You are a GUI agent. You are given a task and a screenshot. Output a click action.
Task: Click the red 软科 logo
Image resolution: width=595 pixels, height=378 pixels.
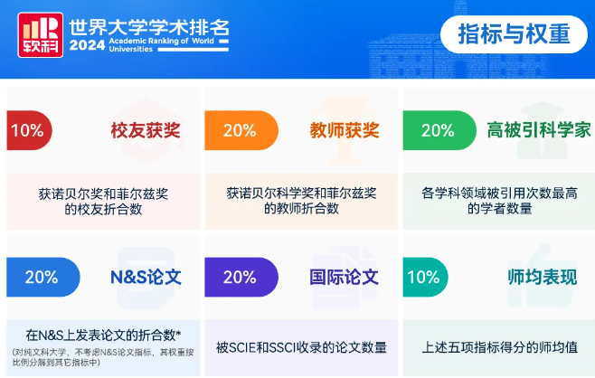(40, 35)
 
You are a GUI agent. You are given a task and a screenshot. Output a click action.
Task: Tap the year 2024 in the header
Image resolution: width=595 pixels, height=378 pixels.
(87, 45)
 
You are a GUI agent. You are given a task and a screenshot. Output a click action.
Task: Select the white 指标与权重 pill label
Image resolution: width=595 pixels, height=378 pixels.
(514, 34)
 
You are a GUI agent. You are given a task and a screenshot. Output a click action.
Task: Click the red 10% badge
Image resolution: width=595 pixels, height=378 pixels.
(29, 130)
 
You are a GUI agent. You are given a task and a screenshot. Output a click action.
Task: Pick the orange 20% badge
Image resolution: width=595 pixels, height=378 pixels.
(241, 130)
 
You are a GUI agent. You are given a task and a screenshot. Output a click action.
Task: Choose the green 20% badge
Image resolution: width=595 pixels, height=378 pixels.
(439, 130)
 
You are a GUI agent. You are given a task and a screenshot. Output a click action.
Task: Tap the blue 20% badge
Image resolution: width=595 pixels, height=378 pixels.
(42, 277)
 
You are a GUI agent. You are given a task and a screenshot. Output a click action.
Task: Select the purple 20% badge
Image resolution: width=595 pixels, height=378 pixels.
(241, 277)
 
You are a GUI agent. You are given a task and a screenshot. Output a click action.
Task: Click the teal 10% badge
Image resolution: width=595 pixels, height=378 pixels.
(425, 277)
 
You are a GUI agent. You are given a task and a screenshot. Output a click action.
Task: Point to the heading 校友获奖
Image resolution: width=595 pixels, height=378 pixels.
(146, 130)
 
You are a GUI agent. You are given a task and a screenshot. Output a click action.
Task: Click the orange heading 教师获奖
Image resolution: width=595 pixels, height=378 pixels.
(345, 130)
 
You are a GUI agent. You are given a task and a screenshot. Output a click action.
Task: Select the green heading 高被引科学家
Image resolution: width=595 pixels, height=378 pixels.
(539, 130)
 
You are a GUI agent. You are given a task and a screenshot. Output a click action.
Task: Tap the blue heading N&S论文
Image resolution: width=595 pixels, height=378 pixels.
(146, 277)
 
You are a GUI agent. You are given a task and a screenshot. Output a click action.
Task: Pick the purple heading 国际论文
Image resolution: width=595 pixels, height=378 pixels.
(344, 277)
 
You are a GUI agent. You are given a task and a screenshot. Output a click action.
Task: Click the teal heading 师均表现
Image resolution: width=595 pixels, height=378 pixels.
(543, 277)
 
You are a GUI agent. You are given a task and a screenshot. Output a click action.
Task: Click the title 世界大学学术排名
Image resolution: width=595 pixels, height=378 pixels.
(149, 27)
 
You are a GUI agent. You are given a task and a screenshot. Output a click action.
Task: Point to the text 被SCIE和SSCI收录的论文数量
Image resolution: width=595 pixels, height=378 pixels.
(301, 347)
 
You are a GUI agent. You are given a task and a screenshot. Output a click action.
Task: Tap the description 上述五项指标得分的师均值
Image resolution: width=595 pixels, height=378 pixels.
(500, 347)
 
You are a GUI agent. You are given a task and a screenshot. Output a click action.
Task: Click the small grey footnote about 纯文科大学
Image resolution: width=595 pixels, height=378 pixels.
(103, 357)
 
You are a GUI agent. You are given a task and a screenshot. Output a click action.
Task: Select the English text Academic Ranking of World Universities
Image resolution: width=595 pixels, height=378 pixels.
(161, 45)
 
